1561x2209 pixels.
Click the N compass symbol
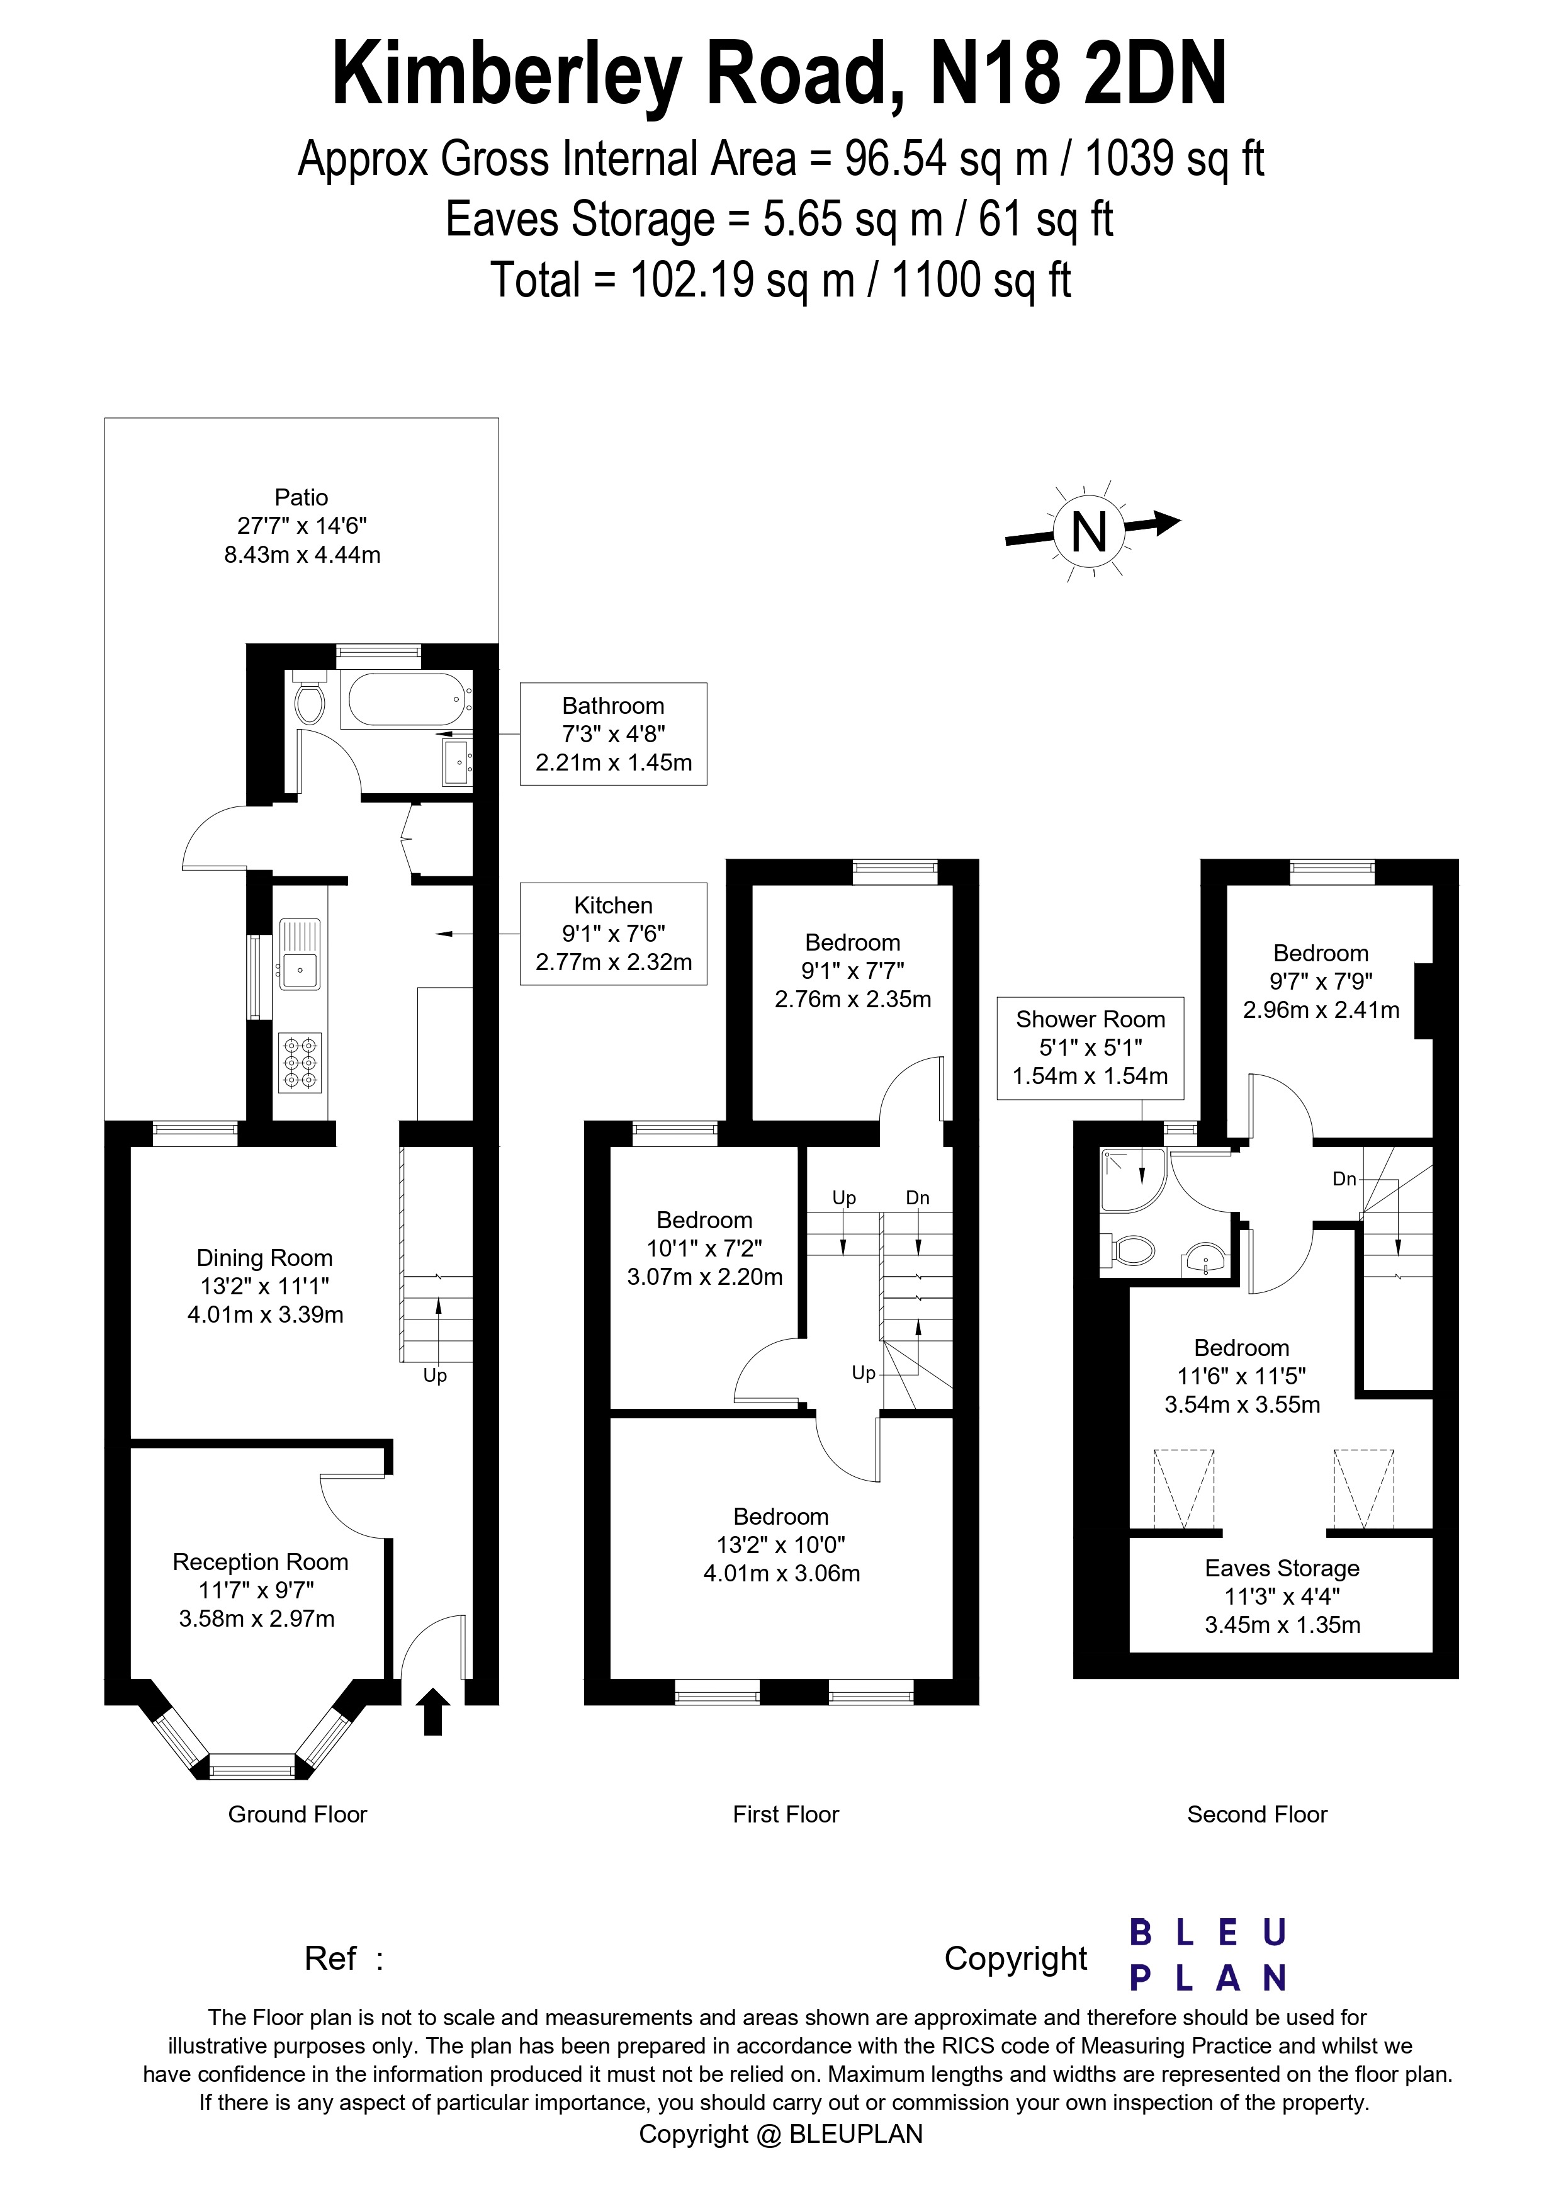point(1090,530)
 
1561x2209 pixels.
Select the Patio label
point(301,497)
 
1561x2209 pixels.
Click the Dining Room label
point(264,1258)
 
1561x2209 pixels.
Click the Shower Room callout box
point(1090,1048)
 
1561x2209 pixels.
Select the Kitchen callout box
point(612,933)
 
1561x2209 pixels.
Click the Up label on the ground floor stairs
point(435,1376)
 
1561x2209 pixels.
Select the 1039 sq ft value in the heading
point(1173,159)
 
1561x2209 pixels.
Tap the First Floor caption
point(785,1814)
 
